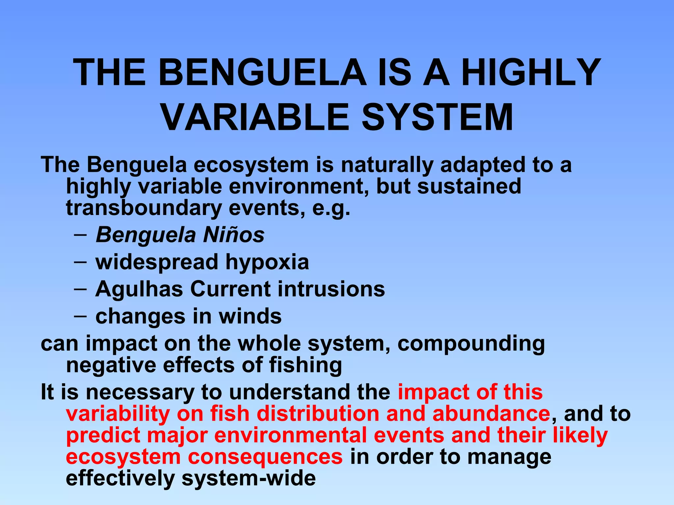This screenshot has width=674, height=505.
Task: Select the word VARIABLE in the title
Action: click(255, 117)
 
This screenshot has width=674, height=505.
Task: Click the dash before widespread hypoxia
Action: click(80, 262)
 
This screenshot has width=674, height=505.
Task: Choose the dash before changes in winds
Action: click(80, 316)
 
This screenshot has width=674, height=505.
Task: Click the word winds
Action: click(250, 316)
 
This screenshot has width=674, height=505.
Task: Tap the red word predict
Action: click(103, 436)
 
